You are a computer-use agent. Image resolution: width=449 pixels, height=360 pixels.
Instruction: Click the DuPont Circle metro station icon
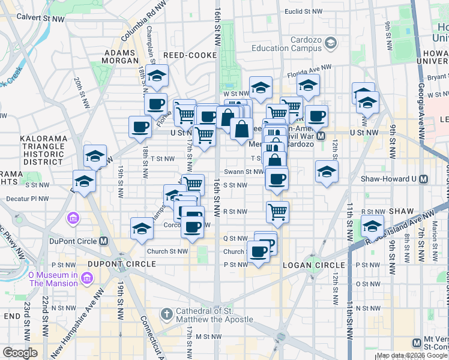point(104,241)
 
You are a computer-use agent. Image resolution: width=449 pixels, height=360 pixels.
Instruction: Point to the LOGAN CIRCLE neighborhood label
point(315,265)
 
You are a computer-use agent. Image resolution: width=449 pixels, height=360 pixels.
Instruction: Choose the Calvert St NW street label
point(41,19)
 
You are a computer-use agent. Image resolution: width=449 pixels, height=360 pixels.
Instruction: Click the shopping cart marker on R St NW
point(277,211)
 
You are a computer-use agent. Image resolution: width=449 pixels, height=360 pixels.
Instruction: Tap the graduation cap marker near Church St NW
point(142,229)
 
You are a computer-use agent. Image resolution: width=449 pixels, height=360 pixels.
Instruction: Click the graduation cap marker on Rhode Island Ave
point(372,227)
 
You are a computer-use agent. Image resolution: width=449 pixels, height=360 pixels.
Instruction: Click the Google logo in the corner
point(20,353)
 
